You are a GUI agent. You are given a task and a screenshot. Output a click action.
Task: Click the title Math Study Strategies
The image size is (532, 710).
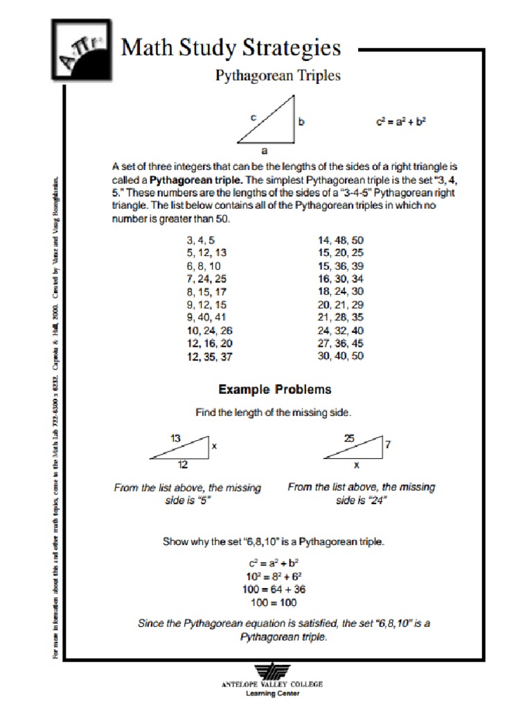(x=231, y=48)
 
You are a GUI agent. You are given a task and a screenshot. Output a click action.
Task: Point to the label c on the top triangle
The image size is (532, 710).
(x=254, y=118)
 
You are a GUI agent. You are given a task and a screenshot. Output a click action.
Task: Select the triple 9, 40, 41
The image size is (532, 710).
(x=206, y=317)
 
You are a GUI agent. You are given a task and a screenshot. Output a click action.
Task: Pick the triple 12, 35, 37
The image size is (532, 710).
(x=209, y=356)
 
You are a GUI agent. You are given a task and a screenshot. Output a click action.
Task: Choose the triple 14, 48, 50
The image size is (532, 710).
(x=340, y=239)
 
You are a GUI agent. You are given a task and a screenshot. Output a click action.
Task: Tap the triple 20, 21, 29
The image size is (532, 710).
(x=340, y=304)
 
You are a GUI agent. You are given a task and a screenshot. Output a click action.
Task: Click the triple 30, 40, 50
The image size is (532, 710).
(x=340, y=356)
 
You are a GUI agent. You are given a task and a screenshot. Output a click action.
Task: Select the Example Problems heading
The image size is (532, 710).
(x=275, y=389)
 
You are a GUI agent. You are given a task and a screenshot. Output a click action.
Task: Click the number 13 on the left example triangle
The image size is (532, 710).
(x=175, y=438)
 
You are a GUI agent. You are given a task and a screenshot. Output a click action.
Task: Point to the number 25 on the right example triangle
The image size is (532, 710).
(x=349, y=438)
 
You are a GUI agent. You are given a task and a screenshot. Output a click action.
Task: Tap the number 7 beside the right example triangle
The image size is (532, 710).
(x=388, y=445)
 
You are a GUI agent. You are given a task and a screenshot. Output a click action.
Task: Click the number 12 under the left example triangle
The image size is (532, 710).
(x=183, y=465)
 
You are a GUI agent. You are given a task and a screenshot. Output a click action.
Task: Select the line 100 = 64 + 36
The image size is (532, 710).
(x=274, y=589)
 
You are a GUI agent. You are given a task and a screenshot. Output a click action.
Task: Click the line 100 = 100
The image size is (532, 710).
(x=274, y=602)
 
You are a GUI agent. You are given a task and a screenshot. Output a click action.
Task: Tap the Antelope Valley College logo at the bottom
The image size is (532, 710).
(x=272, y=673)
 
